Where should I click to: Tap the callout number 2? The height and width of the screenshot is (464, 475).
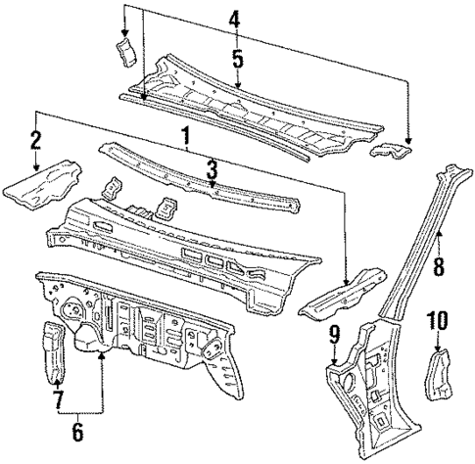point(35,141)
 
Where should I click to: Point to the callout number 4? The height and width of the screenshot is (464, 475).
point(233,19)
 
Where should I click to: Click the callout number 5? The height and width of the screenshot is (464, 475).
point(236,57)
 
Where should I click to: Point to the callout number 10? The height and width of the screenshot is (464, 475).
point(437,319)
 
